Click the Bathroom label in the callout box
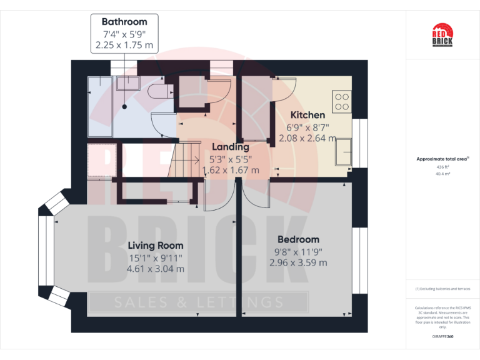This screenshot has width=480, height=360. click(124, 21)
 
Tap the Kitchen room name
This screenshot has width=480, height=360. click(307, 115)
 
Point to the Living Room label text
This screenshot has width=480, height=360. click(156, 245)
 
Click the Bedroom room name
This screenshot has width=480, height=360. click(298, 239)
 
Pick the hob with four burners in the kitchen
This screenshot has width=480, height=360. click(342, 101)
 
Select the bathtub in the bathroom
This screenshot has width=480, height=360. click(99, 106)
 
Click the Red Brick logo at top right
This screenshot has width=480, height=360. click(442, 34)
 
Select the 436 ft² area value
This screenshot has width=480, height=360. click(442, 167)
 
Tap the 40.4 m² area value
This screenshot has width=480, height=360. click(442, 174)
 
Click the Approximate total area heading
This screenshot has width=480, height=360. click(441, 159)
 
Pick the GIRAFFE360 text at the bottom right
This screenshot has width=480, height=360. click(442, 337)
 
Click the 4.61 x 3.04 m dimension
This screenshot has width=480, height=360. click(156, 269)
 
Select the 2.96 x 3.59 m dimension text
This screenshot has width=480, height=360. click(298, 262)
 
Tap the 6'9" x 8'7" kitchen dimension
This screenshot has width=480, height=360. click(307, 127)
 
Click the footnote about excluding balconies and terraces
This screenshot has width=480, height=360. click(442, 289)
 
